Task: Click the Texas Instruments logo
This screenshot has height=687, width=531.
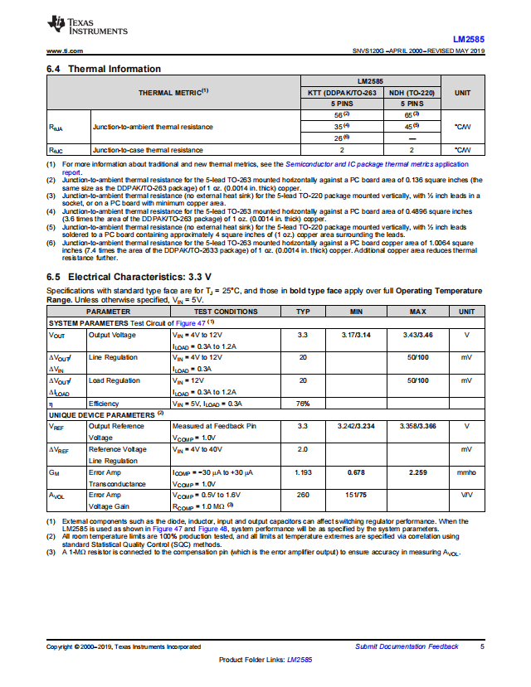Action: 88,27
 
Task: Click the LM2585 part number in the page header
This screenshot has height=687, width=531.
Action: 469,39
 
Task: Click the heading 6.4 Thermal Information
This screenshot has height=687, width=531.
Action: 104,69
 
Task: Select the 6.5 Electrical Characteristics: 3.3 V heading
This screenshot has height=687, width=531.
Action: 129,276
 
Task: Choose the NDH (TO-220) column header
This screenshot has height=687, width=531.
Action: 412,93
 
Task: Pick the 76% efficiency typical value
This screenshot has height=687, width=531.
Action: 303,404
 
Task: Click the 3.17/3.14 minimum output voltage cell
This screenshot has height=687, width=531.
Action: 356,335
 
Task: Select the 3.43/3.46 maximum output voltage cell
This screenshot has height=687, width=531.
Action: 417,335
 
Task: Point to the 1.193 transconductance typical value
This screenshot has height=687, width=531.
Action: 303,472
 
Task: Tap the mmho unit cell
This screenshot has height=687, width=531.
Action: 466,472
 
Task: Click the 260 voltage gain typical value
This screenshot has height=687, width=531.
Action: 303,495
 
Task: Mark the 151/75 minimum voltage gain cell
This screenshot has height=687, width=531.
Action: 356,495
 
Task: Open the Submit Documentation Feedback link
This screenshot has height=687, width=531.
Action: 406,646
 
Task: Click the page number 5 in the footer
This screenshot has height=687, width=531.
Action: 482,646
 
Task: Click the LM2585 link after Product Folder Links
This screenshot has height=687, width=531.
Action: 300,660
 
